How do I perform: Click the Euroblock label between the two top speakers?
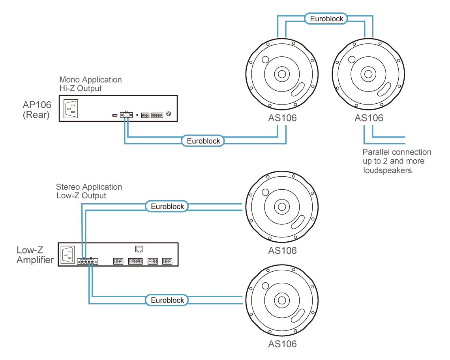point(326,19)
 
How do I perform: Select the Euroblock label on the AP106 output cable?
point(203,141)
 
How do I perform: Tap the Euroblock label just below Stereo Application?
point(167,206)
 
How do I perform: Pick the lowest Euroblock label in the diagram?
point(167,300)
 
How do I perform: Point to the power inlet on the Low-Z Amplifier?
point(68,254)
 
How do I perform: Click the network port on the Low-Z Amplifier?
point(139,249)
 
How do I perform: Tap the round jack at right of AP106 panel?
point(169,114)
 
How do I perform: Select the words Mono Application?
point(90,80)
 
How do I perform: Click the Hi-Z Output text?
point(81,88)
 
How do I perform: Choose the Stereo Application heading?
point(89,187)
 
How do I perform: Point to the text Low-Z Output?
point(81,196)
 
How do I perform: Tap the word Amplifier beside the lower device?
point(35,260)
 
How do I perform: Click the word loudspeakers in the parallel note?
point(388,170)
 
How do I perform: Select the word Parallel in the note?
point(375,152)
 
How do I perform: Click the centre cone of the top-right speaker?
point(369,74)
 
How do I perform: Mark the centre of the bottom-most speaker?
point(282,300)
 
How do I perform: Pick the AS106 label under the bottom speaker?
point(282,344)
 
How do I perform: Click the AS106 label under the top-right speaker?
point(369,118)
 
